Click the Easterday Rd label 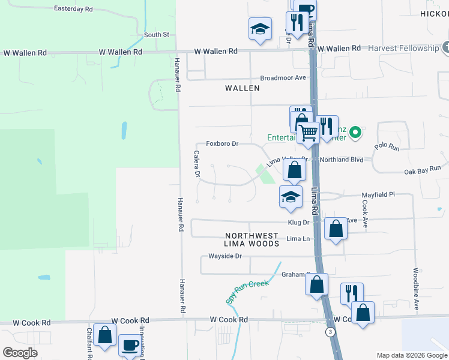click(x=73, y=9)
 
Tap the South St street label click(x=157, y=35)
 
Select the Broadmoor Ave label click(x=283, y=78)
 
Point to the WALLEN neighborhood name click(x=243, y=88)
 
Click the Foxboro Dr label click(x=222, y=144)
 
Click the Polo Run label click(x=387, y=146)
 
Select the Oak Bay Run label click(x=423, y=171)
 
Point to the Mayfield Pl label click(x=378, y=195)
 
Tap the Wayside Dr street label click(x=224, y=256)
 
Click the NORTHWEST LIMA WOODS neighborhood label click(x=252, y=240)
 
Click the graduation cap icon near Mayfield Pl click(x=291, y=197)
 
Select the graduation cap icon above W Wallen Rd click(x=261, y=29)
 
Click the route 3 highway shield click(x=330, y=332)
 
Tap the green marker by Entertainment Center click(x=355, y=131)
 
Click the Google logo click(x=20, y=353)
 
